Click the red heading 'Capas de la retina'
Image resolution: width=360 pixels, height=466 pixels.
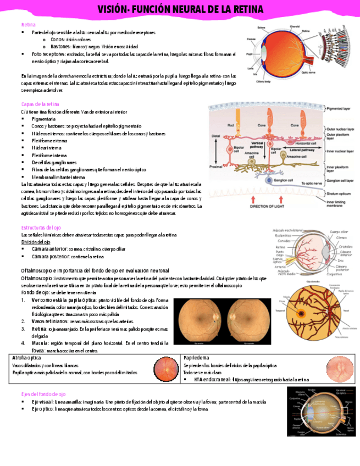tap(40, 104)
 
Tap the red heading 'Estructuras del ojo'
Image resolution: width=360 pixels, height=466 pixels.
tap(41, 227)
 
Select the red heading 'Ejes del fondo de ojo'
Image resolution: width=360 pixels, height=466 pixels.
tap(43, 394)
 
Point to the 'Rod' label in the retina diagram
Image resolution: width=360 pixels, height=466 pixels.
tap(231, 126)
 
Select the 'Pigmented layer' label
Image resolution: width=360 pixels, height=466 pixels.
tap(340, 109)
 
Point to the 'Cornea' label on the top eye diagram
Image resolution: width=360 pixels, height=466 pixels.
tap(251, 38)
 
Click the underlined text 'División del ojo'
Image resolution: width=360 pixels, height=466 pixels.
tap(36, 242)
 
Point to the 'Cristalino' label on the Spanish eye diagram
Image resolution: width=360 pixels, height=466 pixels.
tap(345, 247)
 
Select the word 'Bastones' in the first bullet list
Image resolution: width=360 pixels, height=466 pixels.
tap(61, 47)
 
